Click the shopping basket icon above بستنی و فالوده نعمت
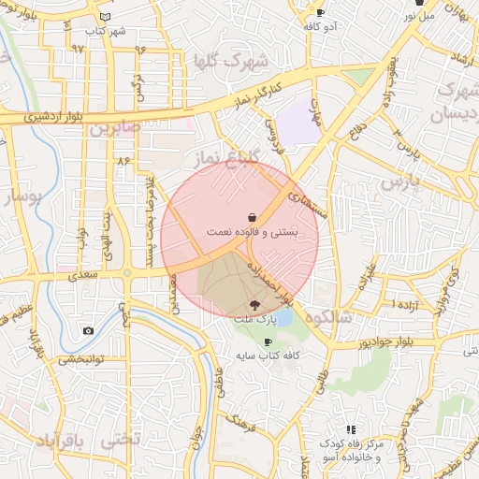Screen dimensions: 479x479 (251, 216)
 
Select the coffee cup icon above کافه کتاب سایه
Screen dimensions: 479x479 (269, 341)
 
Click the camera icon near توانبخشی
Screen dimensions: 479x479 (88, 330)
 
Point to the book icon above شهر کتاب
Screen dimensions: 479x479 (105, 18)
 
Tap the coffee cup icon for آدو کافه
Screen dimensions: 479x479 (321, 12)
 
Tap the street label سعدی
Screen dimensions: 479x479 (81, 277)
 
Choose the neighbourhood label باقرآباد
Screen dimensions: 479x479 (61, 440)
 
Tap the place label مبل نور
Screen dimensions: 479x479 (419, 16)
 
